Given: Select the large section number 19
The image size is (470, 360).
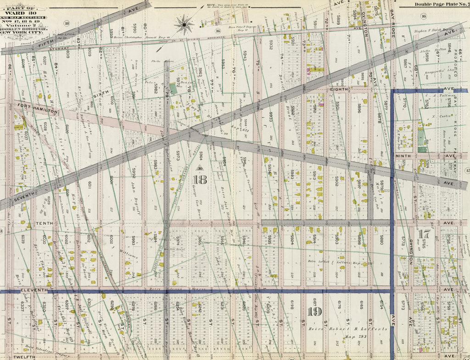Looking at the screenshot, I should click(x=315, y=312).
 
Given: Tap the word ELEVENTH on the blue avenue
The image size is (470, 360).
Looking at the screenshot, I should click(x=34, y=291).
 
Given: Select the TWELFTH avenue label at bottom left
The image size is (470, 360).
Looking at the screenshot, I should click(x=24, y=356).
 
